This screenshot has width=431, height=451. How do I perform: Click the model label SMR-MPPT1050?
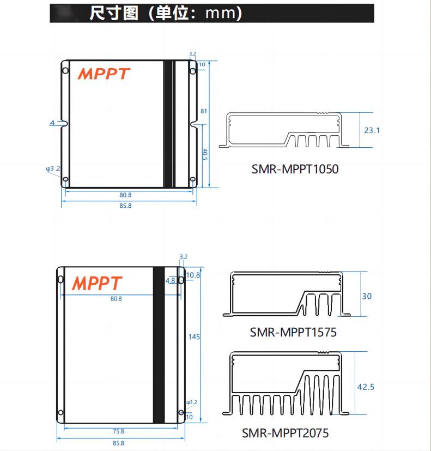coord(295,169)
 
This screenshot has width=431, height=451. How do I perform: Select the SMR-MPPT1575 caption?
coord(293,332)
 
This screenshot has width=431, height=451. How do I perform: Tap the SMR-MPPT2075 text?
coord(286,434)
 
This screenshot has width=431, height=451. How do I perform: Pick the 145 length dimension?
coord(195,337)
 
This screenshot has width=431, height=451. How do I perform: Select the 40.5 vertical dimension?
coord(204,154)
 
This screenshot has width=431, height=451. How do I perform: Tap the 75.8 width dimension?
coord(118,431)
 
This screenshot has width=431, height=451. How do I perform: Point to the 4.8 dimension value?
coord(170,281)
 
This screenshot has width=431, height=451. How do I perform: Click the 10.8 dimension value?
coord(193,275)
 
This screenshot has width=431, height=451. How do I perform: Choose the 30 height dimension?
coord(367,296)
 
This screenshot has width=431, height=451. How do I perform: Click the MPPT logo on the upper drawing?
coord(104,74)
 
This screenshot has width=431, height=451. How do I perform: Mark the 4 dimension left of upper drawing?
coord(52,123)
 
